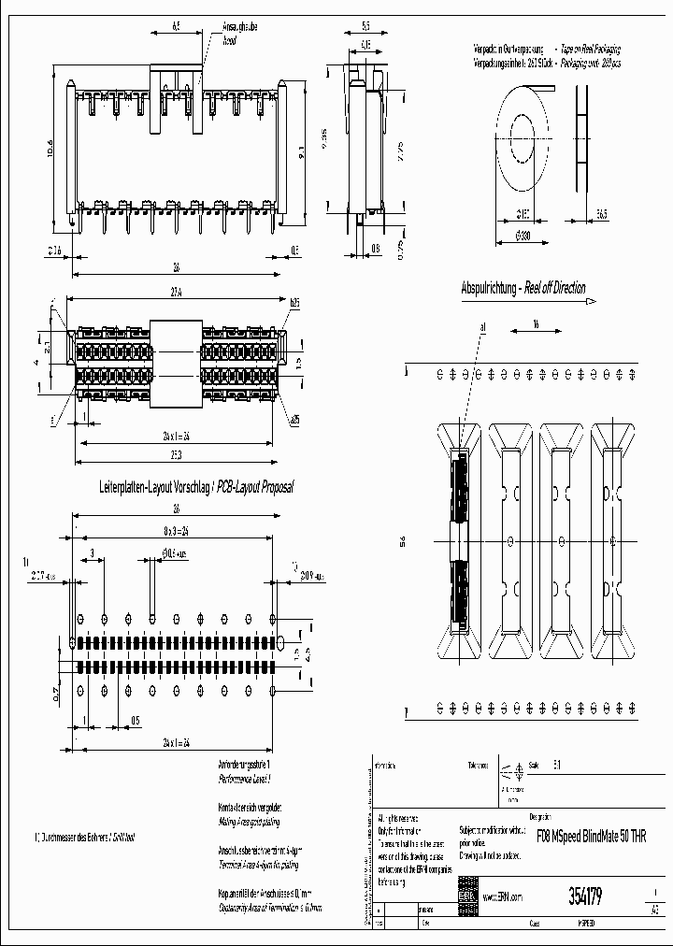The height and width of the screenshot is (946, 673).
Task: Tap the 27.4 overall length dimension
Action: pyautogui.click(x=176, y=293)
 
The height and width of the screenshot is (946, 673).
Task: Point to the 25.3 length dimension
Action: pyautogui.click(x=177, y=454)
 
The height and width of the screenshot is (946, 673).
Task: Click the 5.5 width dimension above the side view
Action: pyautogui.click(x=365, y=27)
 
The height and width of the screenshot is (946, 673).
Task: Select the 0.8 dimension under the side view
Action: pyautogui.click(x=375, y=249)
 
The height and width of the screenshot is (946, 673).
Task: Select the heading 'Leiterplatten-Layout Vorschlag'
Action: pyautogui.click(x=155, y=488)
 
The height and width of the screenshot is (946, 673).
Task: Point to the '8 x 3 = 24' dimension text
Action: pyautogui.click(x=176, y=532)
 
